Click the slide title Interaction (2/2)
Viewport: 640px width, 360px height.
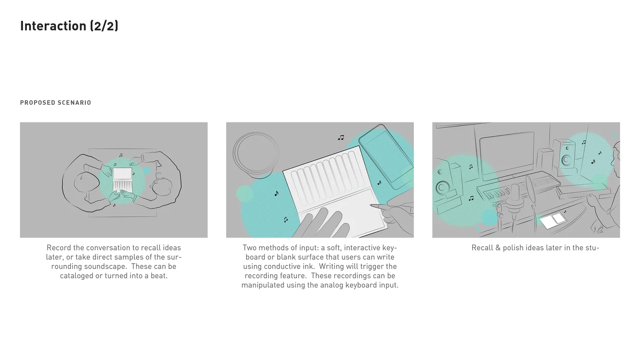pyautogui.click(x=69, y=26)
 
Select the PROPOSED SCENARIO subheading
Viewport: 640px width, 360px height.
pyautogui.click(x=56, y=102)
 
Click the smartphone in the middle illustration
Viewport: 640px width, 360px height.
pyautogui.click(x=386, y=156)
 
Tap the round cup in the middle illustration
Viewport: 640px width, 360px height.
pyautogui.click(x=256, y=155)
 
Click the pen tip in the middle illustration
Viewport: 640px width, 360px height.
pyautogui.click(x=371, y=205)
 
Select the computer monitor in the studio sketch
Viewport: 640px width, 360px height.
pyautogui.click(x=506, y=155)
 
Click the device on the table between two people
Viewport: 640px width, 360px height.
pyautogui.click(x=122, y=180)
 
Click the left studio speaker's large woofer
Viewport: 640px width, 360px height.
pyautogui.click(x=442, y=188)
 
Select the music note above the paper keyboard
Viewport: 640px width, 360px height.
pyautogui.click(x=341, y=138)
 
